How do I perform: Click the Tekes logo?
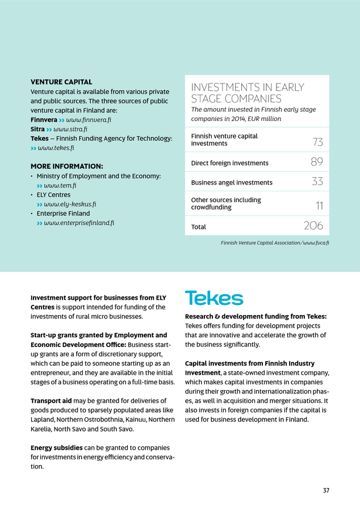[x=214, y=298]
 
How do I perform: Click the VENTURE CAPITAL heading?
[x=61, y=82]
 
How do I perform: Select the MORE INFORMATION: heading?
[x=66, y=166]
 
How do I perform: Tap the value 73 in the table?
[x=317, y=141]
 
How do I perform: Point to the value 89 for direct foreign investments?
[x=317, y=162]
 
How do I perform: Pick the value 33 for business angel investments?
[x=317, y=182]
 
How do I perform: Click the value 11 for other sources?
[x=319, y=206]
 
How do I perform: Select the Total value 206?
[x=313, y=226]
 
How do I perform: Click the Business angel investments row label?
[x=232, y=182]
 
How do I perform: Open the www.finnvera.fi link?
[x=88, y=120]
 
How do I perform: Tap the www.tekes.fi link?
[x=56, y=148]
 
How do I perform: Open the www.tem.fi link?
[x=60, y=186]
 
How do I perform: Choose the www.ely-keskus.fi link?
[x=70, y=204]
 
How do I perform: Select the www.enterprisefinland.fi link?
[x=79, y=223]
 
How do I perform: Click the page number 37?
[x=326, y=491]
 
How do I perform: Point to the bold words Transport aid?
[x=49, y=401]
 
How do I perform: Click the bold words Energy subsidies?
[x=56, y=448]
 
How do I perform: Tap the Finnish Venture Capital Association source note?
[x=275, y=243]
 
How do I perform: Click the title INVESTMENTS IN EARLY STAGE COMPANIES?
[x=248, y=93]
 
